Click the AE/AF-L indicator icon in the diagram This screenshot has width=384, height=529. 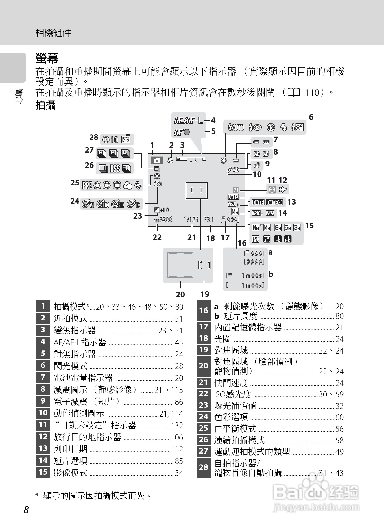[188, 121]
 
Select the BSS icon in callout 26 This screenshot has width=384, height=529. [115, 168]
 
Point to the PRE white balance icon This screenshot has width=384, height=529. [87, 185]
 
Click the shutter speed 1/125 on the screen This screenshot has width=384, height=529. [191, 220]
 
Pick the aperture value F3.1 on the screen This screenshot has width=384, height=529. [209, 220]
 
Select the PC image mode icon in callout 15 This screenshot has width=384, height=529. [256, 239]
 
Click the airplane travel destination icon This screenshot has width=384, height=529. [283, 189]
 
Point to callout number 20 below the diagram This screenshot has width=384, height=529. [180, 294]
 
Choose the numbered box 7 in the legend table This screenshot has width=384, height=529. [43, 377]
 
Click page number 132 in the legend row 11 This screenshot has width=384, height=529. [177, 426]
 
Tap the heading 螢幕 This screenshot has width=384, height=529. [47, 58]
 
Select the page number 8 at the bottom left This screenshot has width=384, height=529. [26, 510]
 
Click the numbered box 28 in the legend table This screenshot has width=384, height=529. [203, 467]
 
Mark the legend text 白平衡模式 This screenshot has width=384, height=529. [235, 429]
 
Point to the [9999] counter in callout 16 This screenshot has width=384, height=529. [254, 262]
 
